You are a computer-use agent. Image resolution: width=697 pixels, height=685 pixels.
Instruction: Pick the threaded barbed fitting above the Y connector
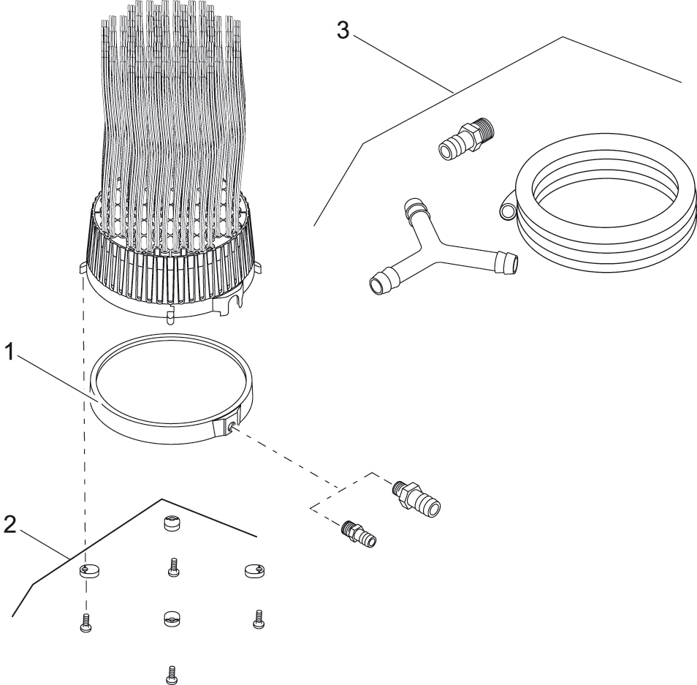466,140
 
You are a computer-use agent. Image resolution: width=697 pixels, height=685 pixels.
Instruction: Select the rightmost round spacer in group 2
253,569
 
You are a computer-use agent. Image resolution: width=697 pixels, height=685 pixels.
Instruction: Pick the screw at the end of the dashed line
85,623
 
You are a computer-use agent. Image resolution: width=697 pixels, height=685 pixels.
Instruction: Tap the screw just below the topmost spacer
173,567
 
